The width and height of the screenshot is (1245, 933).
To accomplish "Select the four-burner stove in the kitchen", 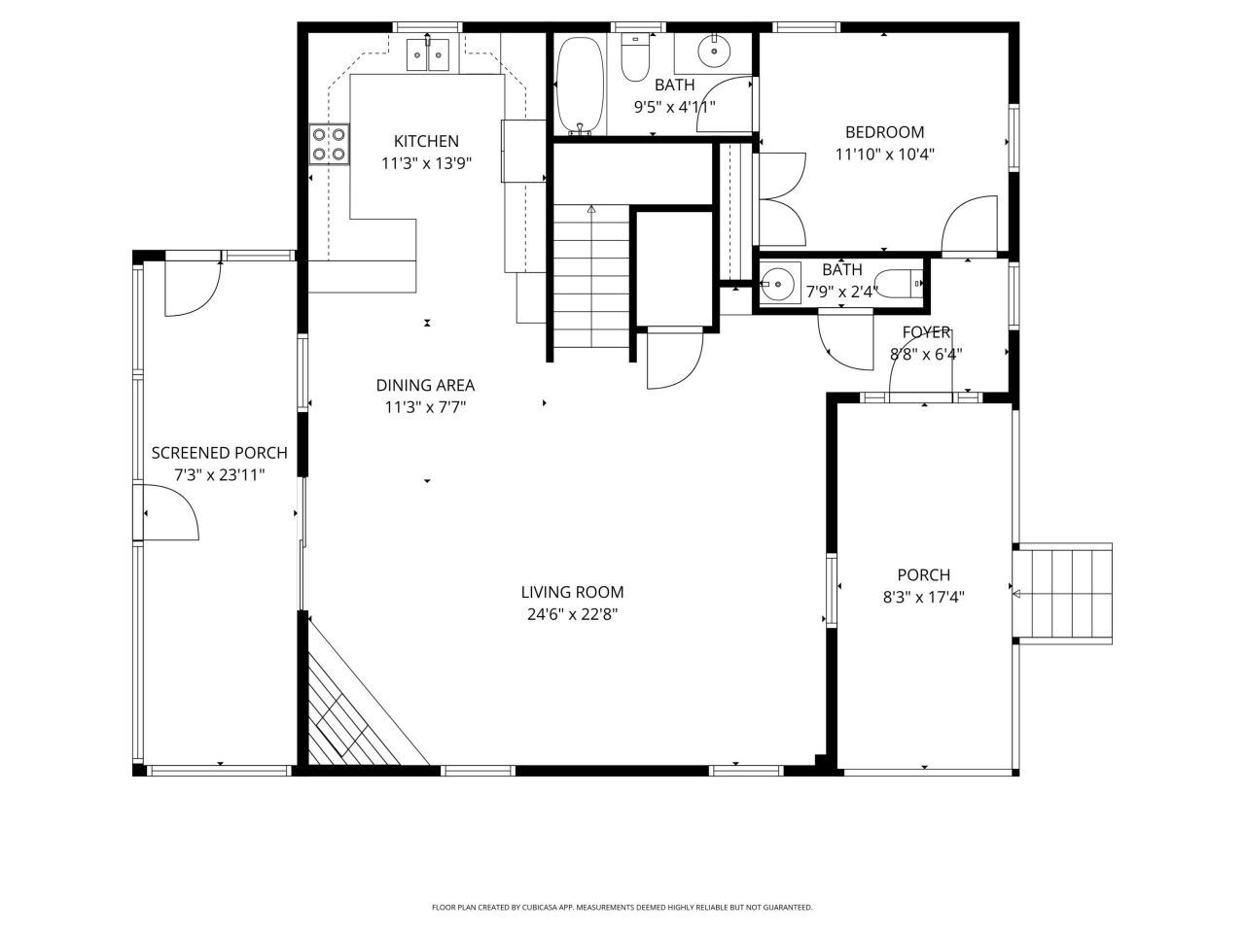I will click(x=329, y=145).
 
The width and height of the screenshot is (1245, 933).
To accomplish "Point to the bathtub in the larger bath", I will click(x=580, y=86).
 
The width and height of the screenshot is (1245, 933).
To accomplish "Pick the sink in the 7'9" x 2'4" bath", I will click(x=780, y=285).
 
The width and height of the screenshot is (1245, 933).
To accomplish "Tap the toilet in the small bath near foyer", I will click(x=902, y=283).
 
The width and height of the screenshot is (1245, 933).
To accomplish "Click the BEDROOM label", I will click(x=884, y=132).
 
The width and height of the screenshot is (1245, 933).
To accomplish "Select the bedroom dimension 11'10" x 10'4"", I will click(x=884, y=154).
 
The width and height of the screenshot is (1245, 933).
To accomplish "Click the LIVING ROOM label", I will click(x=572, y=592).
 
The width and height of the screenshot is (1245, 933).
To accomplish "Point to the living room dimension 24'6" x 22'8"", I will click(x=572, y=614).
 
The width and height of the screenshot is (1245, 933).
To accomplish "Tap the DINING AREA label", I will click(x=425, y=386).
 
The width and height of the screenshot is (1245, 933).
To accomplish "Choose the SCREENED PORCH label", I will click(x=219, y=453).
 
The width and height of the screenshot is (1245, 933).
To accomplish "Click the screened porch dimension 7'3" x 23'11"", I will click(x=219, y=475).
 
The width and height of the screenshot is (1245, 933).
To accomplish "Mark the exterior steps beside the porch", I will click(x=1063, y=594).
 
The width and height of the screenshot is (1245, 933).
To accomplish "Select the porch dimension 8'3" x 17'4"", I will click(x=923, y=598).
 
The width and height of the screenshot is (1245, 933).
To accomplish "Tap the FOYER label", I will click(x=926, y=332).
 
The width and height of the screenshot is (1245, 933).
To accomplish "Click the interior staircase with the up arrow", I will click(x=591, y=277).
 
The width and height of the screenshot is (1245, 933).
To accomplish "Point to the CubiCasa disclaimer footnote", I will click(x=622, y=907).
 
